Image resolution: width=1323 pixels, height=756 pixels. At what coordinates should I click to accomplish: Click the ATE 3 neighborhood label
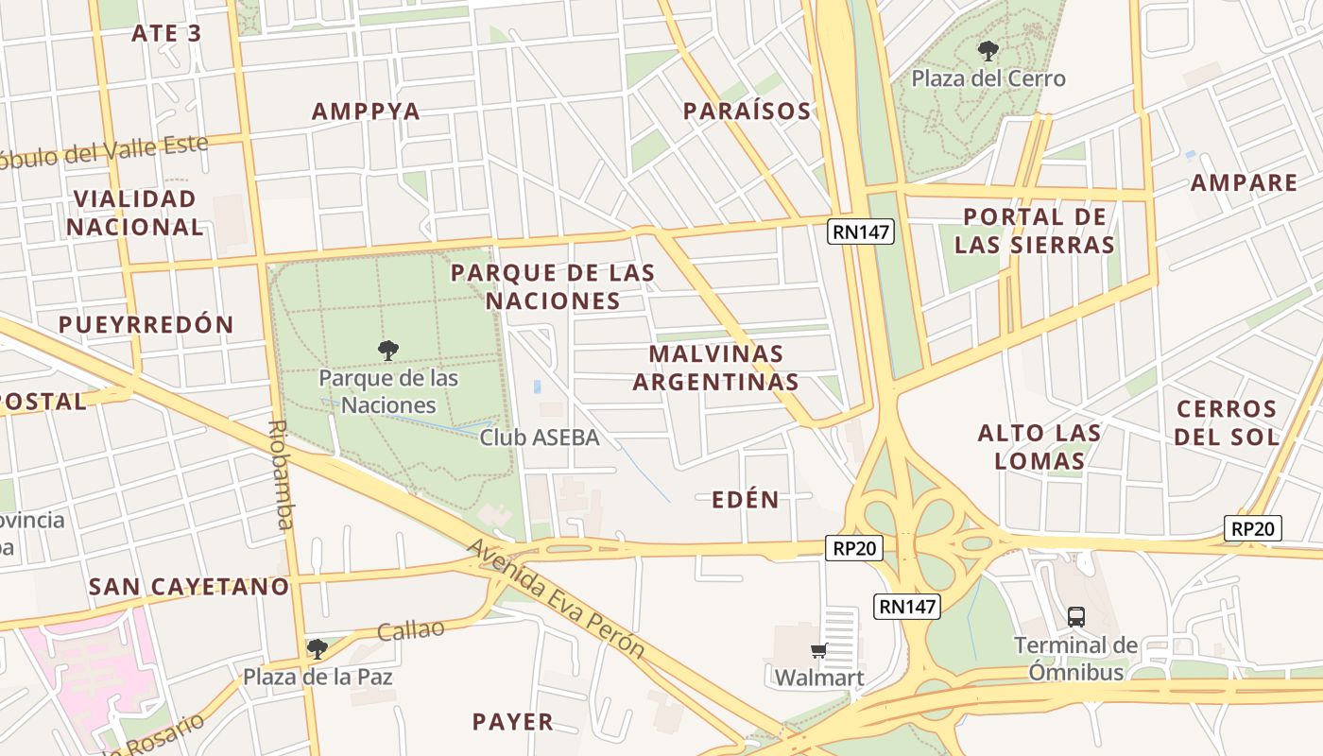pos(166,33)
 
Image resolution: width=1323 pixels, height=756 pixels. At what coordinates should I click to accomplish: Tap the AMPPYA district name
pos(366,111)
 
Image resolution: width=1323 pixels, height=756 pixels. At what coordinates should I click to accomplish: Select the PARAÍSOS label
pos(747,112)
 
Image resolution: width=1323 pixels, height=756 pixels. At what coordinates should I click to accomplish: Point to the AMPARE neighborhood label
pos(1244,182)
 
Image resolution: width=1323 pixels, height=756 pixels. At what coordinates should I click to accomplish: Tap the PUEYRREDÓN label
pos(146,324)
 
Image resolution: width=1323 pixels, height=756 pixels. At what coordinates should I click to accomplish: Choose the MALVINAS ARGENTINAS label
pos(715,368)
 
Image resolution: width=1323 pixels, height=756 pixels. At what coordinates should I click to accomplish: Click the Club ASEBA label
pos(539,438)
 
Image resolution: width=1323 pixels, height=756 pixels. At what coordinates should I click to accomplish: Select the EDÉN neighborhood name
pos(746,500)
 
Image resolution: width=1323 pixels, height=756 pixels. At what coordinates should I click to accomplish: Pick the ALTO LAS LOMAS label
pos(1039,447)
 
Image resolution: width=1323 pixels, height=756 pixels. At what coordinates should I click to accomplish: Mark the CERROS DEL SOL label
pos(1227,422)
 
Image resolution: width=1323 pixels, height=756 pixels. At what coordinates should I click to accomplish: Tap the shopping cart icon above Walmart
pos(818,650)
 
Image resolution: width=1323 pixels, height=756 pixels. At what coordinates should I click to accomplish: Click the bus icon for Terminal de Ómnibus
pos(1075,617)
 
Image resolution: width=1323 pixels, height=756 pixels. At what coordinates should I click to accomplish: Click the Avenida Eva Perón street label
pos(557,599)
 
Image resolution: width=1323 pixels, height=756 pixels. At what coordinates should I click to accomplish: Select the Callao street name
pos(410,630)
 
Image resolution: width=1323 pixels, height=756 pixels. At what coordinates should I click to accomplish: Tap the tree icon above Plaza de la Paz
pos(318,649)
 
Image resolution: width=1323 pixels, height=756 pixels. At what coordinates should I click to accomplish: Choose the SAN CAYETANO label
pos(189,586)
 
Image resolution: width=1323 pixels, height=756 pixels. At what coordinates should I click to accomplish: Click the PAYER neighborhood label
pos(512,722)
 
